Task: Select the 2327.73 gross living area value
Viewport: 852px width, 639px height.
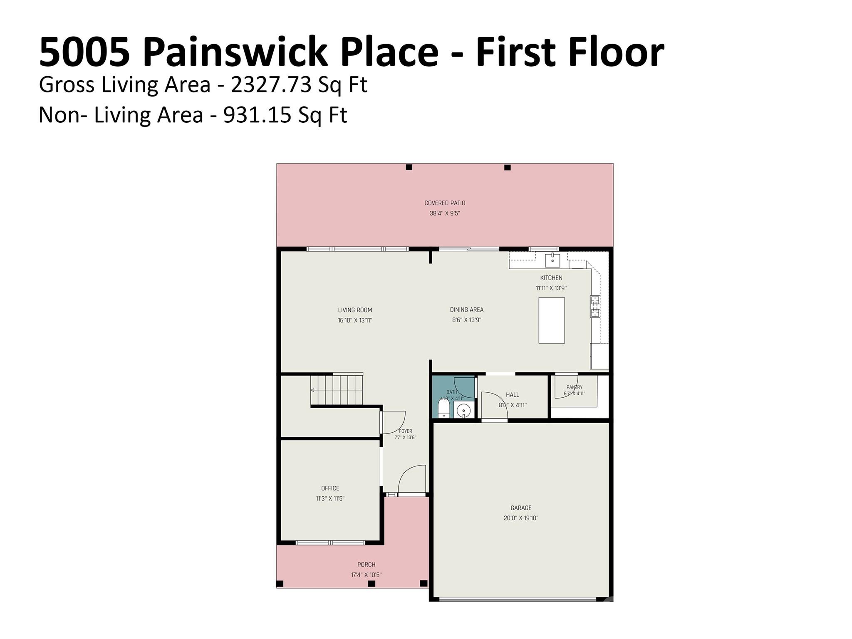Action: (271, 85)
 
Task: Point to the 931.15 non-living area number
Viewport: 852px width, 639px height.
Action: (257, 115)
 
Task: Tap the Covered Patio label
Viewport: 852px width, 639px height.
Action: (445, 203)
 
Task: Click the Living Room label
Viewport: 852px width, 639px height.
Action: (355, 310)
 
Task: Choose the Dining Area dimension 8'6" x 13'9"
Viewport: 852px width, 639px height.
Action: (466, 320)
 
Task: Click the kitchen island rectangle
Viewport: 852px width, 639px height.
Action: (552, 320)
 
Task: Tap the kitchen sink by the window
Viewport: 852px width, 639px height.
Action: (552, 260)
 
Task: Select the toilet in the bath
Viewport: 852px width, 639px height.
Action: (444, 408)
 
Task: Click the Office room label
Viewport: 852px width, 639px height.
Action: (330, 488)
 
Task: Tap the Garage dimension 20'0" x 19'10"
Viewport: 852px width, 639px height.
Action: (521, 518)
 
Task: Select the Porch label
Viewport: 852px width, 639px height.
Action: (366, 565)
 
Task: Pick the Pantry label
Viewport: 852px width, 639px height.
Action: (575, 387)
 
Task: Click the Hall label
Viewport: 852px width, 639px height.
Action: (513, 395)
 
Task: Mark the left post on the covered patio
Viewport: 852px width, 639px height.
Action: (409, 167)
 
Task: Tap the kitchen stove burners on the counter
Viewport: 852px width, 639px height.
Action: (595, 306)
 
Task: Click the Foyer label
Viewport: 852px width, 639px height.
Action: (405, 431)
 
